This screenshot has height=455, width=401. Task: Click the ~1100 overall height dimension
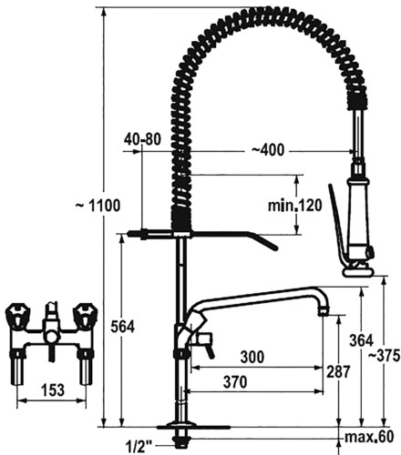pos(98,206)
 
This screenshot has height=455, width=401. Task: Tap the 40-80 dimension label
pos(142,139)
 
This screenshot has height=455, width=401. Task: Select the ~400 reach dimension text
pos(268,150)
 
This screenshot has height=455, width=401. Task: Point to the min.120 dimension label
pos(294,206)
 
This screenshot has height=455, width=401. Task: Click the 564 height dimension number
pos(122,327)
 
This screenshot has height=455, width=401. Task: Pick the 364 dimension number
pos(361,340)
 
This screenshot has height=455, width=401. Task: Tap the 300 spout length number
pos(252,357)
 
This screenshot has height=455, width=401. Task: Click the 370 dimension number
pos(235,382)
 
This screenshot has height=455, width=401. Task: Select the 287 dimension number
pos(338,371)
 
